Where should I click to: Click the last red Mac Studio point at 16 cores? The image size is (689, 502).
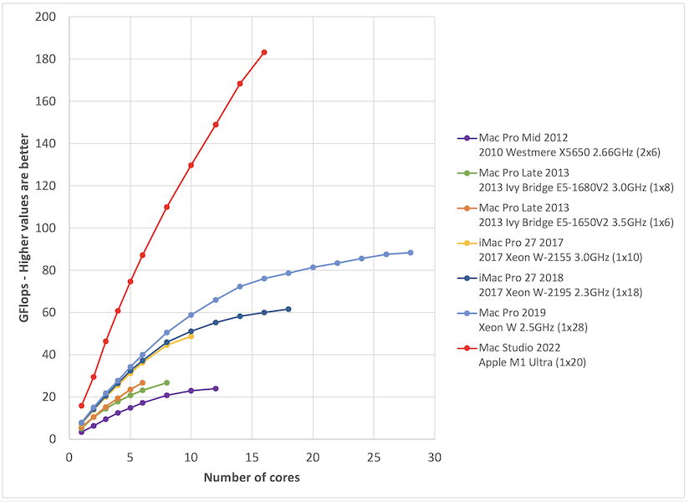point(264,52)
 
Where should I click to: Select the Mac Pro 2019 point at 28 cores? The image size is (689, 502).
point(411,253)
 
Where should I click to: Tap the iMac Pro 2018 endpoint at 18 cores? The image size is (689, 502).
point(288,309)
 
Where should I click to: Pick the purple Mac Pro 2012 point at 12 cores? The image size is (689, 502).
point(216,388)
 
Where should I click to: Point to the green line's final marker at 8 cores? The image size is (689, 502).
point(166,382)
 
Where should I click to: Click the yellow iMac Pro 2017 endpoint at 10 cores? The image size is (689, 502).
point(191,336)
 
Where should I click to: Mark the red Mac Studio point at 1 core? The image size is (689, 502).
point(81,405)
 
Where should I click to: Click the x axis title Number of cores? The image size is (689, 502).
point(252,479)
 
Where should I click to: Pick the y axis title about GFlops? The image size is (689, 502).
point(25,228)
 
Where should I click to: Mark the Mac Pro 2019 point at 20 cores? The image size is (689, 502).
point(313,267)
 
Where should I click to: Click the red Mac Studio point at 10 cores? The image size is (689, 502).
point(191,165)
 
